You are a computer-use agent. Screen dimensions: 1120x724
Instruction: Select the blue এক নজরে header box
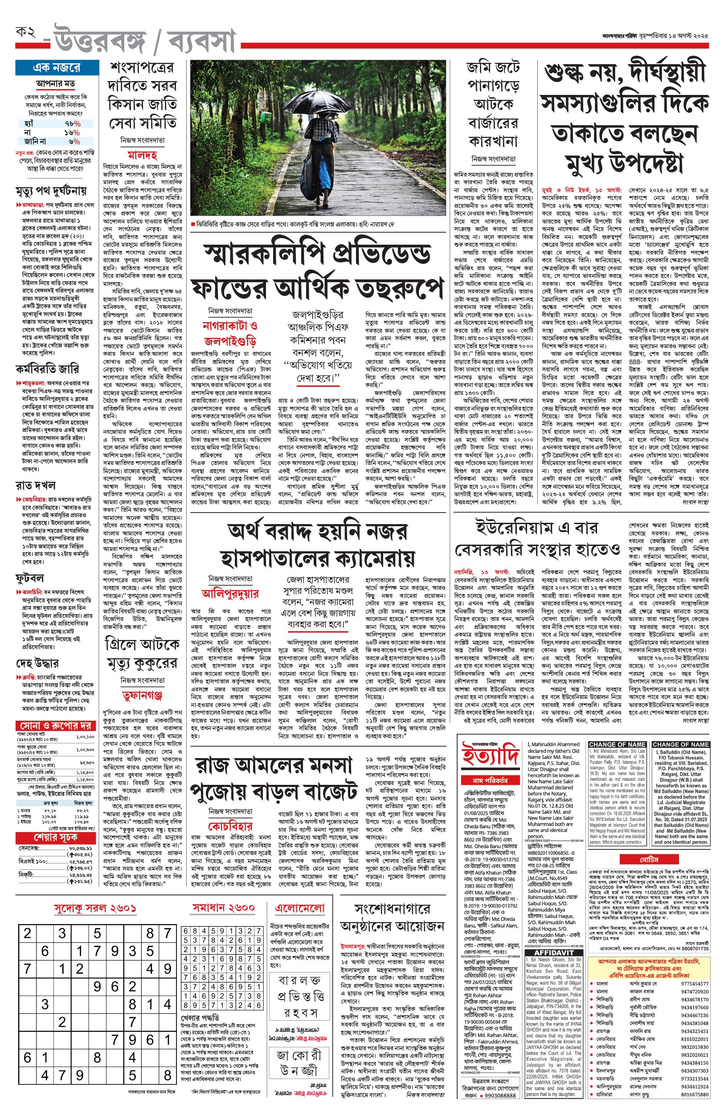tap(57, 68)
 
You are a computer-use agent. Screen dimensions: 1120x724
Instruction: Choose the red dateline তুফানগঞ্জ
tap(142, 695)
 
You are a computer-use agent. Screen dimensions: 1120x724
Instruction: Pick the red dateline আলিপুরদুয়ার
tap(230, 593)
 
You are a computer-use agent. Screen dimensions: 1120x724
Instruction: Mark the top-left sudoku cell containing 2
tap(27, 933)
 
